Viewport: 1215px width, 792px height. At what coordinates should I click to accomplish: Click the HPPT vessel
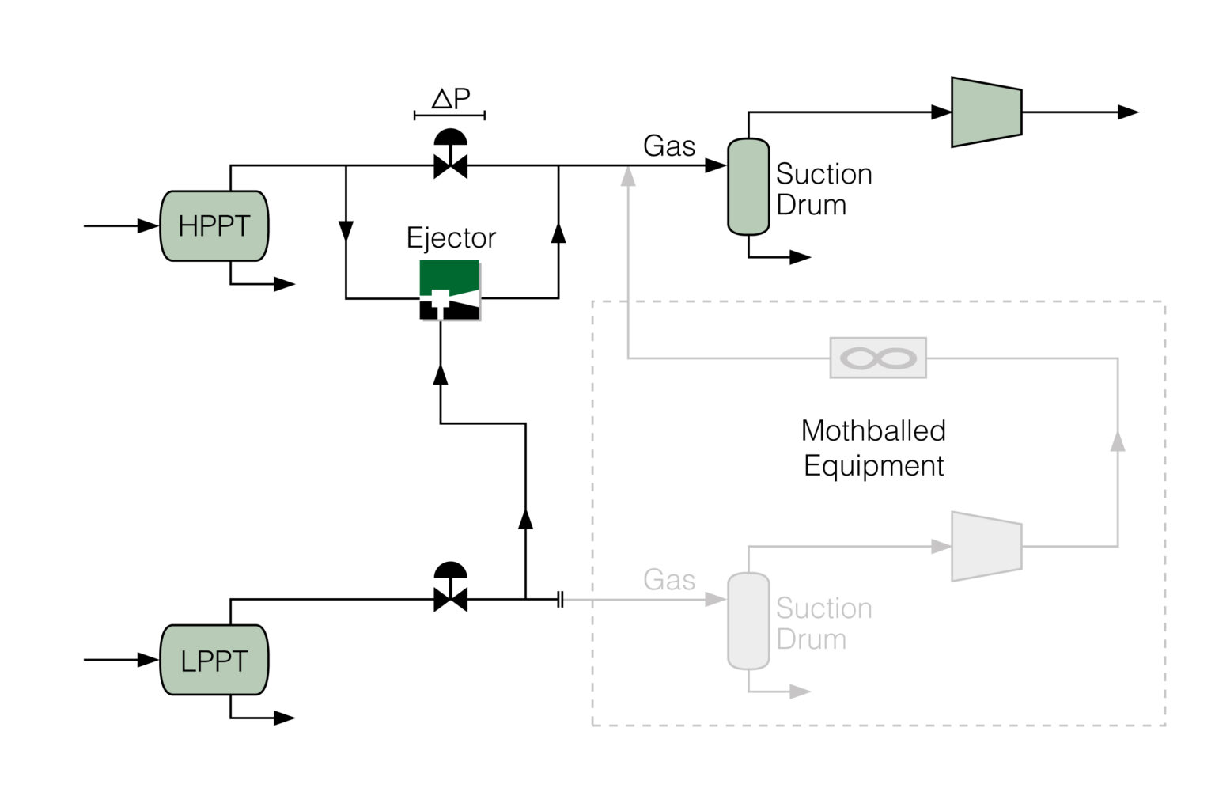(x=214, y=226)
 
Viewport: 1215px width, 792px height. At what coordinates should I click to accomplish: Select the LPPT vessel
(x=214, y=660)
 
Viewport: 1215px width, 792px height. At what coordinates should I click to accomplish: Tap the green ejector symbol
(x=449, y=290)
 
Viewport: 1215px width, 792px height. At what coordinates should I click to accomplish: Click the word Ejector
(x=451, y=237)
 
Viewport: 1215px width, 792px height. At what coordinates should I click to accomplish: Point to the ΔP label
(x=450, y=99)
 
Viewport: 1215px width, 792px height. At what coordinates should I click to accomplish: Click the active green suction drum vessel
(x=748, y=187)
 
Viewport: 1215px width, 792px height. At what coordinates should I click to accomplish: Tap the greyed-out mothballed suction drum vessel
(x=748, y=621)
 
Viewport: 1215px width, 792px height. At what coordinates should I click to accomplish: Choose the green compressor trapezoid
(x=986, y=112)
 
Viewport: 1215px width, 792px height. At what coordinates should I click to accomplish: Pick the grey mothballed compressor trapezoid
(x=986, y=546)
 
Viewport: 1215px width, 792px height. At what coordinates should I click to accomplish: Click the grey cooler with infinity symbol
(x=878, y=358)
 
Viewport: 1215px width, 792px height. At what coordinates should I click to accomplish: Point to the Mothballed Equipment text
(x=873, y=448)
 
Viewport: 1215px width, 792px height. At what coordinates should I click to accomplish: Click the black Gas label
(x=669, y=146)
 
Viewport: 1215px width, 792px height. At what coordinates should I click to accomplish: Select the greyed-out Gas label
(x=669, y=580)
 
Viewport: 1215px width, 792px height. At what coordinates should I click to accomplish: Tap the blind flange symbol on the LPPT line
(x=560, y=600)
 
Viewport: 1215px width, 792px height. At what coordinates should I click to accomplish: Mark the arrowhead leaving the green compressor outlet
(x=1128, y=112)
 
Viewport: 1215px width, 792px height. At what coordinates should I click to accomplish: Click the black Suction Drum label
(x=823, y=189)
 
